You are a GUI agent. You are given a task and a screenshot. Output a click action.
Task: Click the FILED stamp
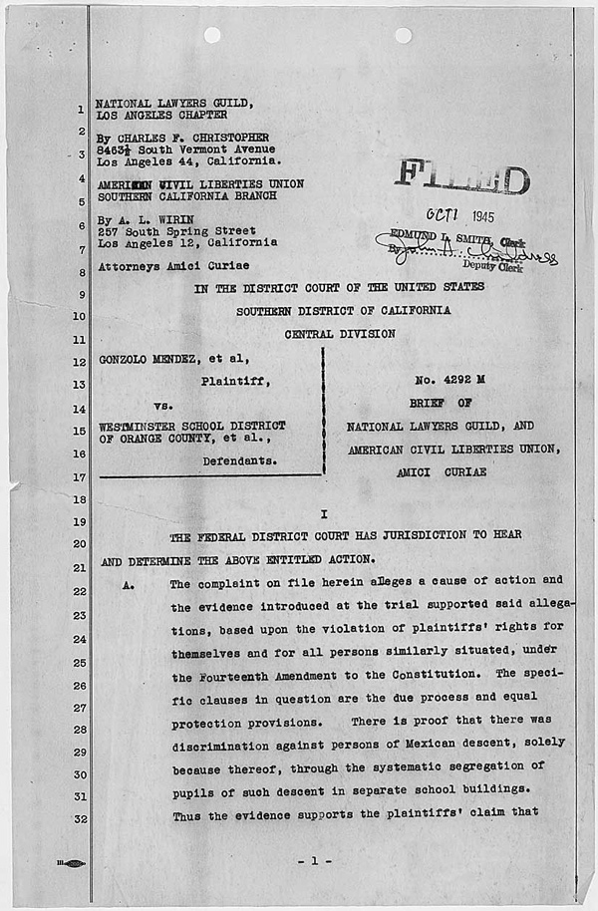pyautogui.click(x=461, y=178)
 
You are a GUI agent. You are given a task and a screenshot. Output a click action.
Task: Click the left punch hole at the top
pyautogui.click(x=212, y=35)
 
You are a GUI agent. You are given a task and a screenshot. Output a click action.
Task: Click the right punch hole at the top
pyautogui.click(x=403, y=35)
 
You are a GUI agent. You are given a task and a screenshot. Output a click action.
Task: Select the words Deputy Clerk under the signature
pyautogui.click(x=485, y=266)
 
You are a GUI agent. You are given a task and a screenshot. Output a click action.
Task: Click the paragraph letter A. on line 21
pyautogui.click(x=128, y=585)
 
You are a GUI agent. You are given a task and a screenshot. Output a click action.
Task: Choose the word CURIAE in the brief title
pyautogui.click(x=462, y=471)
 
